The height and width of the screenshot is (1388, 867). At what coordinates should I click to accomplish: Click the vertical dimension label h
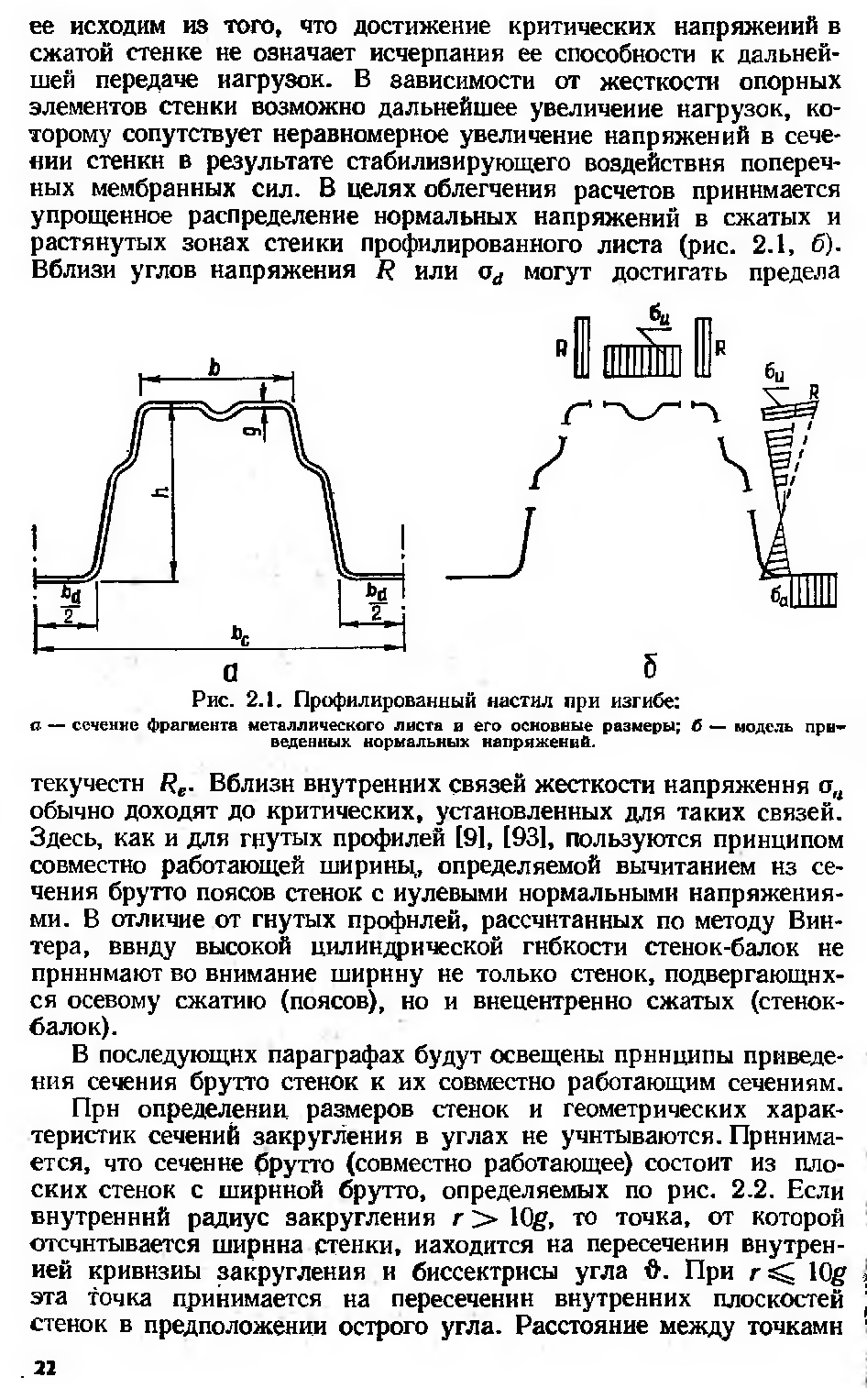160,494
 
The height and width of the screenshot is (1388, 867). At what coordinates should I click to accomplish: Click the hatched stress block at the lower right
814,589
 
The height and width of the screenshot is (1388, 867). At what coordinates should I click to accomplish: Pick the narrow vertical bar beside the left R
580,347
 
